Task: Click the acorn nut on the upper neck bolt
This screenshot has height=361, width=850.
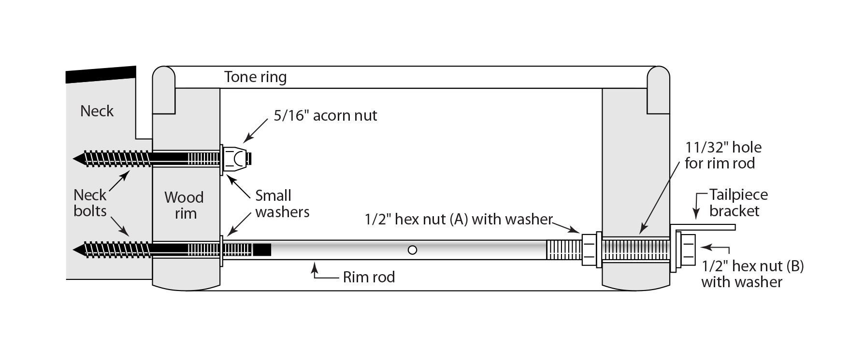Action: pyautogui.click(x=236, y=159)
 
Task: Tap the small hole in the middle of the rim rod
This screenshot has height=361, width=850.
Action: pyautogui.click(x=412, y=250)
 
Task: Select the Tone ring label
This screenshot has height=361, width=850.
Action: pyautogui.click(x=255, y=77)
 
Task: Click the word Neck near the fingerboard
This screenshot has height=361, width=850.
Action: pyautogui.click(x=97, y=111)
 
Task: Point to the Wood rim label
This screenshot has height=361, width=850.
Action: pyautogui.click(x=184, y=205)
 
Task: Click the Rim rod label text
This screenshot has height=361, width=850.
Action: pyautogui.click(x=369, y=277)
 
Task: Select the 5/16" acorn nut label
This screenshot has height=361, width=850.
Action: pyautogui.click(x=325, y=116)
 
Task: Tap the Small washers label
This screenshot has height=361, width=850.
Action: pyautogui.click(x=282, y=204)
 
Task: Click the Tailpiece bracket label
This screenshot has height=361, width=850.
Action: pyautogui.click(x=737, y=203)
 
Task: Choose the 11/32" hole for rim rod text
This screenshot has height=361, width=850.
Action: pyautogui.click(x=722, y=155)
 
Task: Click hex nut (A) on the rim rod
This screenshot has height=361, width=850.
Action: pyautogui.click(x=589, y=250)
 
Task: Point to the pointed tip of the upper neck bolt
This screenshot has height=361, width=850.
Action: pyautogui.click(x=76, y=158)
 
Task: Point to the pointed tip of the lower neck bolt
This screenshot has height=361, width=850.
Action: pyautogui.click(x=76, y=250)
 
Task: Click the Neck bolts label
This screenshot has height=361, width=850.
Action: pyautogui.click(x=90, y=203)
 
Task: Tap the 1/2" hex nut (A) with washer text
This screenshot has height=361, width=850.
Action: pyautogui.click(x=458, y=220)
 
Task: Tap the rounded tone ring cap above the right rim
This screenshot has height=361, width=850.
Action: pyautogui.click(x=658, y=77)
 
